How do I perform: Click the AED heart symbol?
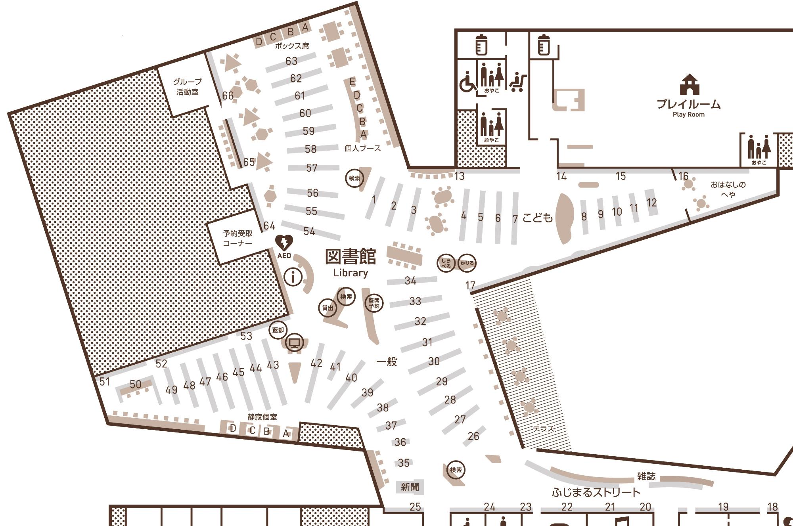284,243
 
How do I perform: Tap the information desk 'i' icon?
293,276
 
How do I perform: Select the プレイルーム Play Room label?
689,108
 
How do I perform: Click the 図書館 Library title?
351,262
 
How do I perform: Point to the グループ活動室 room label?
188,87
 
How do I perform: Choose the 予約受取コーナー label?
238,238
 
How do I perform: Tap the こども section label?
538,217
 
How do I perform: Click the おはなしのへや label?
728,189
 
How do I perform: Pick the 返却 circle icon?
278,330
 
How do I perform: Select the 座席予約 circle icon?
374,303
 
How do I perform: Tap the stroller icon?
518,82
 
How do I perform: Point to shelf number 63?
291,61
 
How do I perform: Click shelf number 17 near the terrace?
470,285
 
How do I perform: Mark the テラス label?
543,428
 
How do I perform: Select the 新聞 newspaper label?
410,487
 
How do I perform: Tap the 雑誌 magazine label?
646,476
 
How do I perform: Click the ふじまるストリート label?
596,493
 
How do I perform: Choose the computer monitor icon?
294,342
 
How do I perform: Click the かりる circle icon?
467,263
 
